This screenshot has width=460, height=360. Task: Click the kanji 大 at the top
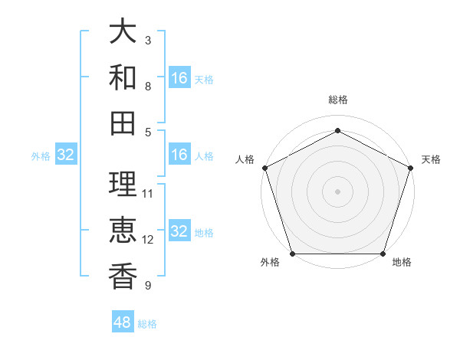pos(123,32)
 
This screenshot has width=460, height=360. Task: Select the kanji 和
pos(123,77)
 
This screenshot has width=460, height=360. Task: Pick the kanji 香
pos(123,275)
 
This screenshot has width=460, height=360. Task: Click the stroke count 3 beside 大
pos(148,40)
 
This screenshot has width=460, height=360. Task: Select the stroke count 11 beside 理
pos(148,193)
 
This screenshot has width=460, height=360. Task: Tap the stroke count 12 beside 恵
pos(148,239)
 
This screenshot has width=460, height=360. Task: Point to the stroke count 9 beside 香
pos(148,286)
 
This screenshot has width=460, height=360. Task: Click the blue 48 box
pos(123,322)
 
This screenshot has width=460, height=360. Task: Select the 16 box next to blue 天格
pos(179,78)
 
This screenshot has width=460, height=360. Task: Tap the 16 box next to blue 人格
pos(179,155)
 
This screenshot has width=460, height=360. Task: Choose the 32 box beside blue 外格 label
pos(66,155)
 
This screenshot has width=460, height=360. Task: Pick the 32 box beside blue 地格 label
pos(179,232)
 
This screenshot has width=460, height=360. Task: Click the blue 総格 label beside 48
pos(147,324)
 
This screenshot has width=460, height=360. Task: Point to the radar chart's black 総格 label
pos(337,100)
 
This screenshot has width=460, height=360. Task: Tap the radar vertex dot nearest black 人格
pos(264,167)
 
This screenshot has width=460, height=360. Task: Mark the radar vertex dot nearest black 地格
pos(383,254)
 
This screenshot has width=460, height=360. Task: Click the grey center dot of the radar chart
pos(337,191)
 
